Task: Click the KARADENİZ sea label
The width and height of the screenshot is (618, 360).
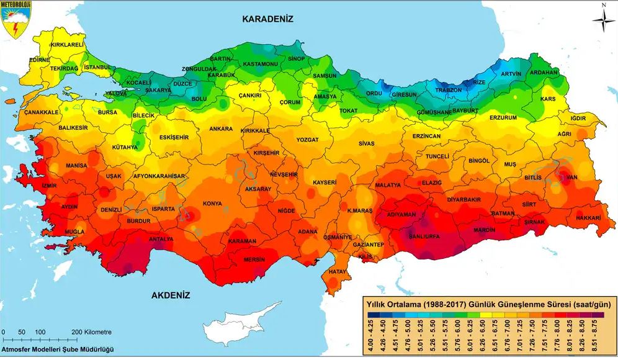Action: [x=267, y=19]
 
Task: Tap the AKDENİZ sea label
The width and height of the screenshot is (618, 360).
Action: [x=170, y=295]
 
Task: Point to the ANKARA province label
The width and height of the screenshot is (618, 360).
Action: [x=221, y=129]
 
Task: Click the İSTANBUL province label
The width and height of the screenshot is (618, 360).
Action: [x=97, y=67]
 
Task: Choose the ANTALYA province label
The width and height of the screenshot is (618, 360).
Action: [x=161, y=238]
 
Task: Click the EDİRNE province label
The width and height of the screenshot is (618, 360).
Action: [x=39, y=60]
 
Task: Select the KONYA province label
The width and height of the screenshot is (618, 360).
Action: [x=213, y=204]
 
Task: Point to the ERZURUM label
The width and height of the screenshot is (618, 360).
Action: [x=503, y=117]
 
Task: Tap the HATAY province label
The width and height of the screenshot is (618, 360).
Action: [x=338, y=272]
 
